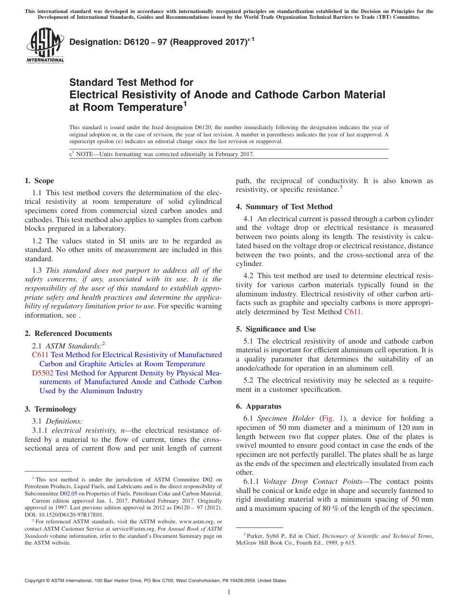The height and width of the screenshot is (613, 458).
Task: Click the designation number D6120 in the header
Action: [x=125, y=43]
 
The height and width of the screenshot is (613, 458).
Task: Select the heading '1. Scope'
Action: [x=39, y=181]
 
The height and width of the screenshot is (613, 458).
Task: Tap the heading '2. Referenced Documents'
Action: [x=68, y=333]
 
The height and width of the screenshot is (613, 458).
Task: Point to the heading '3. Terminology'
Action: [x=51, y=409]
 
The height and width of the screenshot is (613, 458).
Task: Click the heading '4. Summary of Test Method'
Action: [x=284, y=207]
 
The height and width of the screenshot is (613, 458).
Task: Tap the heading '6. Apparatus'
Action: [x=259, y=406]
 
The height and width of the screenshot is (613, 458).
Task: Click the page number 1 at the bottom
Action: [x=229, y=592]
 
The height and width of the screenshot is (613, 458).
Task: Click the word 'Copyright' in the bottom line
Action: [x=37, y=581]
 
